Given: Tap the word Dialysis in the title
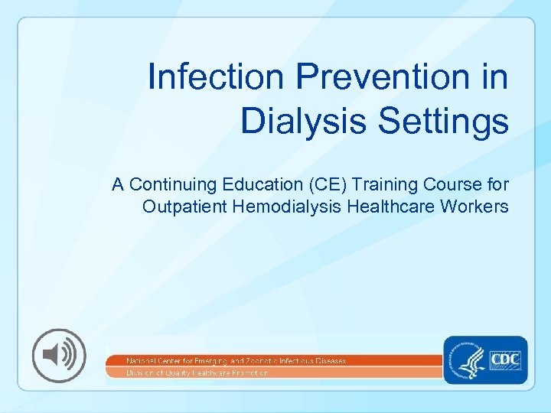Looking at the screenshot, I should [x=294, y=120].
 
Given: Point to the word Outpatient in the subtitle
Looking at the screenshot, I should [x=178, y=206].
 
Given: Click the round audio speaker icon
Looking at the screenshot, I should [x=59, y=356].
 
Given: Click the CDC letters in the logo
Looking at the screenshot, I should [x=505, y=358].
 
